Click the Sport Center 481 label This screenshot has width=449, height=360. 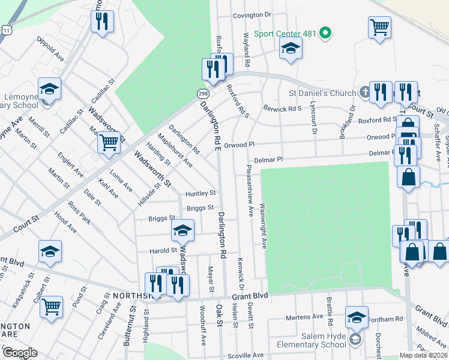[x=285, y=33]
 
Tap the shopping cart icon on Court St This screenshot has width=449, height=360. [x=109, y=143]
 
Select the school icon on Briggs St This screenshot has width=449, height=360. [x=183, y=230]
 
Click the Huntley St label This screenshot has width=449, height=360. [x=200, y=193]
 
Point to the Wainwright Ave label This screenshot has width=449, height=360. [x=263, y=226]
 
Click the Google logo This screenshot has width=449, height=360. [x=20, y=353]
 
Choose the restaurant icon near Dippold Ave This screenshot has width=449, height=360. [x=102, y=22]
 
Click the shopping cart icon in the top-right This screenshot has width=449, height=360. [x=379, y=27]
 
